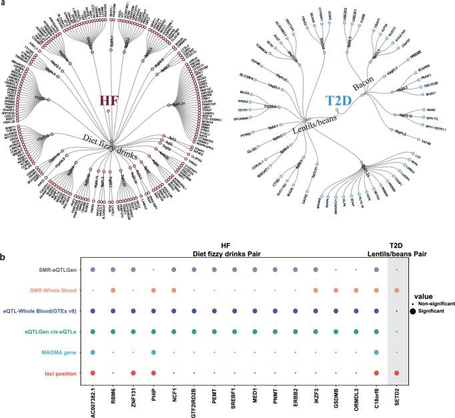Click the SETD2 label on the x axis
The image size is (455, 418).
[x=397, y=397]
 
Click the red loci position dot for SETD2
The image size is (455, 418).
[x=397, y=373]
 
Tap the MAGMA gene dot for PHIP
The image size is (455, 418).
[x=154, y=353]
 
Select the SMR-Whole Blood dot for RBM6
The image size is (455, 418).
[x=113, y=290]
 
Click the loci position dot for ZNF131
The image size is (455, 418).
[x=134, y=373]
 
